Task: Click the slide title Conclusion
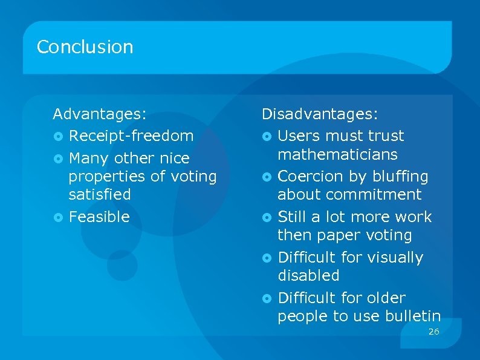pos(85,47)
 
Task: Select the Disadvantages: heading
pos(320,114)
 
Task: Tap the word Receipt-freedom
pos(131,136)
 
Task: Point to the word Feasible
pos(99,217)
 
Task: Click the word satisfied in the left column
pos(100,194)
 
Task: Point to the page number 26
pos(433,332)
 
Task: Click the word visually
pos(394,258)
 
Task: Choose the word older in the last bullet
pos(386,298)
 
